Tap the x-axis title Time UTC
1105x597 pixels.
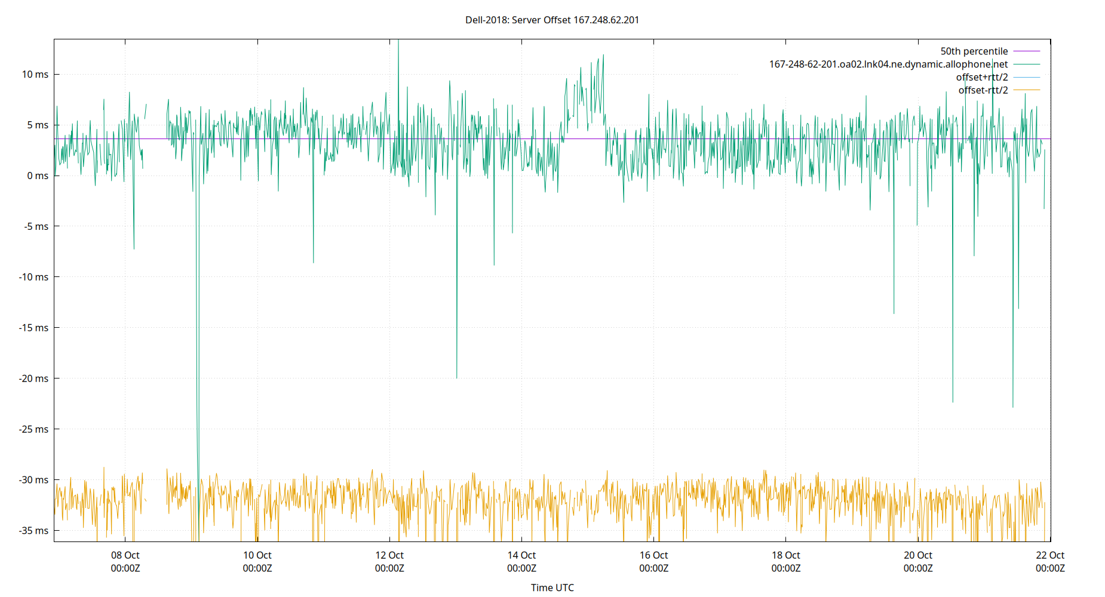[552, 587]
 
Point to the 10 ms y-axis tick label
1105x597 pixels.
[35, 75]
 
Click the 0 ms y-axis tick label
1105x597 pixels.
[38, 176]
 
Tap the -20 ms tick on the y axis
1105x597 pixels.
[33, 378]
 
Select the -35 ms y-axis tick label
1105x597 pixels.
[33, 531]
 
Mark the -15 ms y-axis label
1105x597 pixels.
[33, 328]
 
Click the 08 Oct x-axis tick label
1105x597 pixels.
[125, 562]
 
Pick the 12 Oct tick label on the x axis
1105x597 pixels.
[389, 562]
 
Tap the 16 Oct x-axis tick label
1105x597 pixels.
[654, 562]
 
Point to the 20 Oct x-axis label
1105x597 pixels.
[918, 562]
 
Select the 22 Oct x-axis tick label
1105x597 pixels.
[1050, 562]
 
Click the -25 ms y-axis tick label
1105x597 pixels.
[33, 429]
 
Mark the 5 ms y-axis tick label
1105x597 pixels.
[38, 125]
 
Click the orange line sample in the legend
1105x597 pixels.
[1027, 90]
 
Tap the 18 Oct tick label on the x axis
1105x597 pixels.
[786, 562]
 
